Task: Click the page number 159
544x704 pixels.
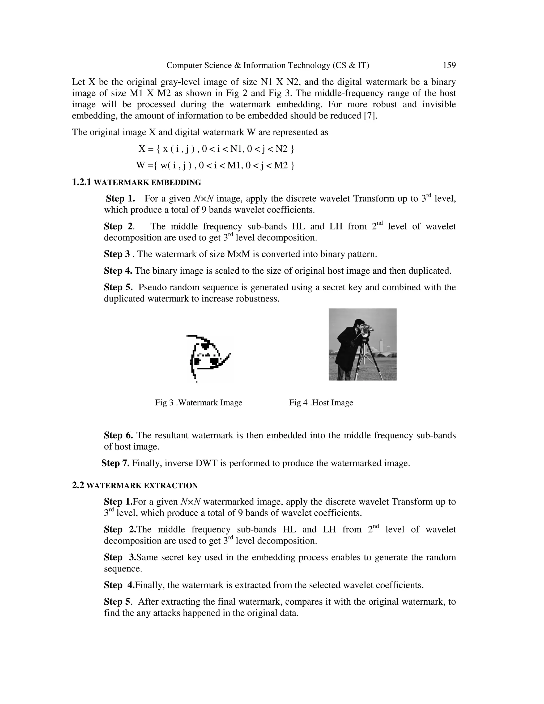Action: coord(449,65)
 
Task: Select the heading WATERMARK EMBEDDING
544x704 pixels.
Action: coord(147,183)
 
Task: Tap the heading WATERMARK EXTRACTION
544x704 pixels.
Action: coord(142,486)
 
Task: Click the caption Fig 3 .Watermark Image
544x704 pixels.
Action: coord(198,402)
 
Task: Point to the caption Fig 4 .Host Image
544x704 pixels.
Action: coord(321,402)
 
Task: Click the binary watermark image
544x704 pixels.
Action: coord(209,358)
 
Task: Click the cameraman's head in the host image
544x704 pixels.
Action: coord(359,324)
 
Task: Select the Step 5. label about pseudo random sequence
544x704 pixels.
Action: coord(118,287)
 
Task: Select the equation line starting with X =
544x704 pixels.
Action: coord(216,149)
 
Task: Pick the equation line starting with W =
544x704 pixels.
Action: coord(215,166)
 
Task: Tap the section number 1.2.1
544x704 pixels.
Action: coord(82,183)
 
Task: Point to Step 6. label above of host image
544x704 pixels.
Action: coord(118,435)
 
